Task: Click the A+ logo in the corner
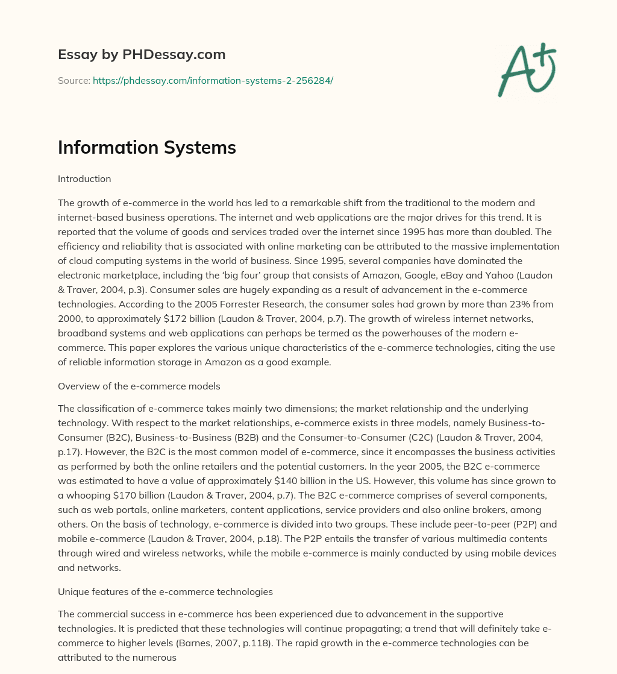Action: click(x=527, y=69)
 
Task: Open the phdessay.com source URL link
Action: click(x=213, y=80)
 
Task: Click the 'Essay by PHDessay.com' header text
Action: click(x=142, y=54)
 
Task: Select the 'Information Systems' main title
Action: click(x=146, y=148)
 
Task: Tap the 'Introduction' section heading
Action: click(x=84, y=178)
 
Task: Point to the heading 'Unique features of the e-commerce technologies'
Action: click(x=165, y=591)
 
